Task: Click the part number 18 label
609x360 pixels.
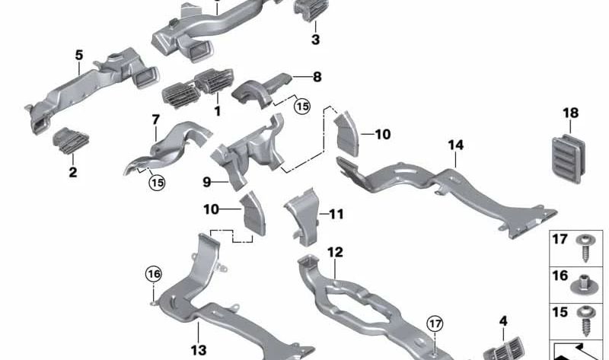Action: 570,113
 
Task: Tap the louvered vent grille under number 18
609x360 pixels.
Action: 568,158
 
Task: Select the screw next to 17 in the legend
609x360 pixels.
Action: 585,247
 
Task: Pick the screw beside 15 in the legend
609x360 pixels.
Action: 585,321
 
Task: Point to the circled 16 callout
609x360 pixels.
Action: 154,274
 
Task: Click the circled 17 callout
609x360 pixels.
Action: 435,323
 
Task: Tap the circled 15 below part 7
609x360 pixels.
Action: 158,182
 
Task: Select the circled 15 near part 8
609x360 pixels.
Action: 302,106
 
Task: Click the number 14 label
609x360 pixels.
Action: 456,145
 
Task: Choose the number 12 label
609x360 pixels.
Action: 335,253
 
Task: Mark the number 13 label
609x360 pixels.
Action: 199,350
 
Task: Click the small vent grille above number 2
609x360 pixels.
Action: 71,140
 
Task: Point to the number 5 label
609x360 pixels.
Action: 79,55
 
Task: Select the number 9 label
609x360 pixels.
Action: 206,182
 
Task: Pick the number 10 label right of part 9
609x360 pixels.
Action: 383,135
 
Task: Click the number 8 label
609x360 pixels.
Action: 317,77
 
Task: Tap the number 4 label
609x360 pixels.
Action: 503,321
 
